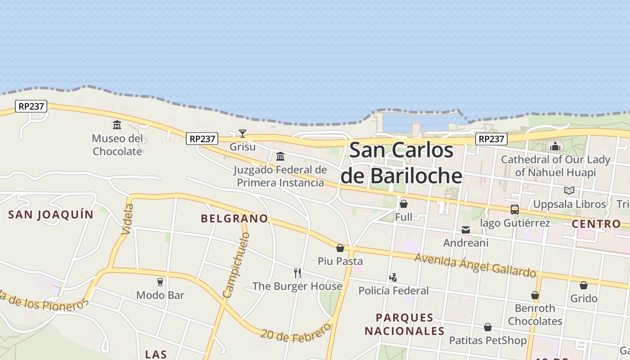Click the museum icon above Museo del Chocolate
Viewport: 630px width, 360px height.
point(117,125)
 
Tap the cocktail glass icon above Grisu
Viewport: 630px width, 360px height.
point(243,133)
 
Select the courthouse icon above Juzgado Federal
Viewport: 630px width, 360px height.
point(280,156)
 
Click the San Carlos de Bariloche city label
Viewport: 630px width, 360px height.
point(401,162)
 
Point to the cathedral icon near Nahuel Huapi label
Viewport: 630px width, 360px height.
point(555,146)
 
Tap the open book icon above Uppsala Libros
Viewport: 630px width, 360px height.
point(569,190)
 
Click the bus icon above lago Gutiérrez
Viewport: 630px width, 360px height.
point(515,209)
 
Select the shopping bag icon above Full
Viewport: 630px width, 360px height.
point(404,204)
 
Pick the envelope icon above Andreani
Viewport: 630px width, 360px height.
point(466,230)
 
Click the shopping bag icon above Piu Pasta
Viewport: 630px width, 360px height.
point(340,248)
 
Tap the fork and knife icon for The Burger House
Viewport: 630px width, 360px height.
point(297,273)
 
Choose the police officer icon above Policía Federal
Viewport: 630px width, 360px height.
point(393,278)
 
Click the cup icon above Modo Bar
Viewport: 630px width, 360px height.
point(160,282)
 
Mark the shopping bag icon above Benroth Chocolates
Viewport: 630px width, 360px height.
point(535,295)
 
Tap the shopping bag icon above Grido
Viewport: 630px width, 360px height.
point(584,285)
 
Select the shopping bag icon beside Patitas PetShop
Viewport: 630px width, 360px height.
point(488,327)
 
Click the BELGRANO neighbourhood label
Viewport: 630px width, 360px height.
point(234,219)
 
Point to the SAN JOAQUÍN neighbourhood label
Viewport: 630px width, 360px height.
point(51,215)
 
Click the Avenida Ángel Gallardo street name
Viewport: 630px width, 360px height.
point(475,265)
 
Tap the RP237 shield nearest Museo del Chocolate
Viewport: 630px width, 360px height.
point(31,106)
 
